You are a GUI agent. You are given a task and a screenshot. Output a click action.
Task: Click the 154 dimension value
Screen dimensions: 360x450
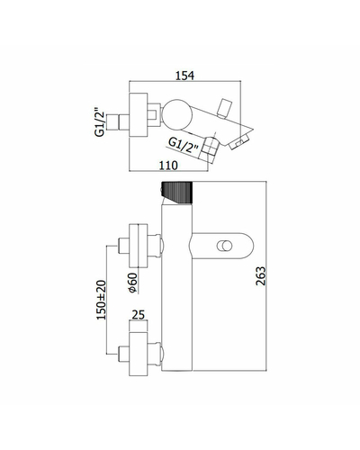click(184, 76)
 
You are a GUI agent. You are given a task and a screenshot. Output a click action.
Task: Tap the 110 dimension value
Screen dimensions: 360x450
click(168, 165)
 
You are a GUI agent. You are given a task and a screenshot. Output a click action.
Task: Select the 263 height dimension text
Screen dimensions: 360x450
click(260, 275)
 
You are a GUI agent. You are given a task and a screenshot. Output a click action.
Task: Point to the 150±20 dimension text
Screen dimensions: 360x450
click(101, 300)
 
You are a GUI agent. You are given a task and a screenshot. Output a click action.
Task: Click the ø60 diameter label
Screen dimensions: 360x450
click(132, 283)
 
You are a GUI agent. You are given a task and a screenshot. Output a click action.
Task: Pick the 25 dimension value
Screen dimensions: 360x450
click(138, 315)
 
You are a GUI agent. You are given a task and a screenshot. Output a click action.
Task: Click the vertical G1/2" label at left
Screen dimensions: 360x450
click(100, 122)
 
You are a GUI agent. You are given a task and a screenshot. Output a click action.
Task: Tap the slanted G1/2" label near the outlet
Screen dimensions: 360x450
click(184, 145)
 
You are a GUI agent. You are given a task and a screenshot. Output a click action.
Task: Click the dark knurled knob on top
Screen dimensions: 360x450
click(176, 193)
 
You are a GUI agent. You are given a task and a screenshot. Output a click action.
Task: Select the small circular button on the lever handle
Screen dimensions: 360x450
click(224, 246)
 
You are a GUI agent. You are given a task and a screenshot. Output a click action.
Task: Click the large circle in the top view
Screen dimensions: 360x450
click(177, 114)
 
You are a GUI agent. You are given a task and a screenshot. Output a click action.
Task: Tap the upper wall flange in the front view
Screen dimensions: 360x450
click(139, 246)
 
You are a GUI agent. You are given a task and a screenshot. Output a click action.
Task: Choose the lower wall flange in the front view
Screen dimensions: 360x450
click(139, 354)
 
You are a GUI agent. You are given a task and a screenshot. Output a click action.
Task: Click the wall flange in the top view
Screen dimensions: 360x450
click(139, 114)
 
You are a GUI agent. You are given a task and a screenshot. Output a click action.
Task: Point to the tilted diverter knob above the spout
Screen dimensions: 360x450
click(225, 108)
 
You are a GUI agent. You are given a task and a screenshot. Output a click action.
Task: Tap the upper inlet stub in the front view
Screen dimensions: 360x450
click(124, 246)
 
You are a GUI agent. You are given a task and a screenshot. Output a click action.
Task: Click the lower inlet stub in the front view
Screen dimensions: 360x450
click(124, 354)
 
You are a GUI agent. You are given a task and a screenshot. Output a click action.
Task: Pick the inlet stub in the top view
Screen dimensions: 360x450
click(118, 122)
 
